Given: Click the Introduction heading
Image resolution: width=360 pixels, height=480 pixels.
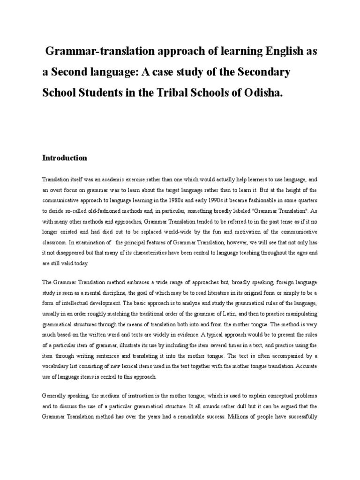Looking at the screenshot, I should click(x=65, y=158).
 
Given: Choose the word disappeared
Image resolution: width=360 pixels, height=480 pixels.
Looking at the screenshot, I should click(x=72, y=253).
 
